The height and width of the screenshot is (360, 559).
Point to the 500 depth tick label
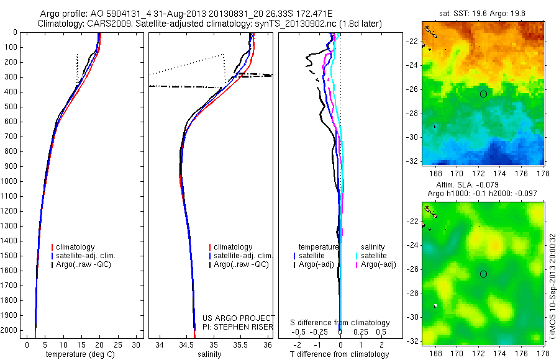click(11, 107)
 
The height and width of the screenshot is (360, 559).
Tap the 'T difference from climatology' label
click(340, 354)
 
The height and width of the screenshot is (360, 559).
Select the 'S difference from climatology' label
click(340, 323)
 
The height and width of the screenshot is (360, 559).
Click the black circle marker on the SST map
click(483, 94)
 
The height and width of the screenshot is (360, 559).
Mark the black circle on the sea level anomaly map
click(483, 274)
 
